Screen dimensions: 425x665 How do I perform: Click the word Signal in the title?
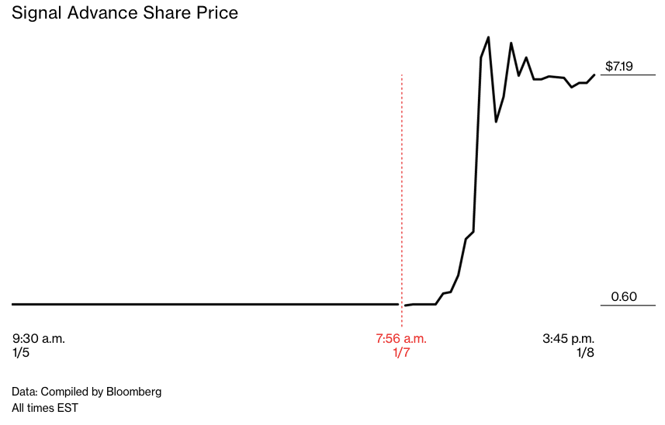pyautogui.click(x=36, y=14)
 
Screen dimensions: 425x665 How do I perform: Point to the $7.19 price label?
pyautogui.click(x=619, y=67)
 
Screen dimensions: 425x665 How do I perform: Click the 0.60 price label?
pyautogui.click(x=624, y=296)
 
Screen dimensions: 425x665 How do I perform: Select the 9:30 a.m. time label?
pyautogui.click(x=39, y=339)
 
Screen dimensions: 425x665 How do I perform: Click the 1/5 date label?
pyautogui.click(x=21, y=353)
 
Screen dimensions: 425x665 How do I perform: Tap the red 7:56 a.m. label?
pyautogui.click(x=401, y=339)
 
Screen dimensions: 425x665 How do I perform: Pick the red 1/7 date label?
pyautogui.click(x=401, y=353)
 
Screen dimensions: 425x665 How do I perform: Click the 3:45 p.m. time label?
pyautogui.click(x=568, y=339)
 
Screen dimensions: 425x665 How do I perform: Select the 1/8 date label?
pyautogui.click(x=585, y=353)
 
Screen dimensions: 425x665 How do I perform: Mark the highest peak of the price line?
pyautogui.click(x=488, y=37)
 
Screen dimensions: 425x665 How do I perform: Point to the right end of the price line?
pyautogui.click(x=594, y=75)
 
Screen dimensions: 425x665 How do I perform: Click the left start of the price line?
pyautogui.click(x=13, y=304)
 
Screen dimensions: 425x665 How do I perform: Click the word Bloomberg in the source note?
pyautogui.click(x=134, y=392)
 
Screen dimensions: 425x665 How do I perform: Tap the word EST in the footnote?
pyautogui.click(x=68, y=407)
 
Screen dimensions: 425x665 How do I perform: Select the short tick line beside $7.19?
pyautogui.click(x=629, y=75)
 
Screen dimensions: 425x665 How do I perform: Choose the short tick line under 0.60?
pyautogui.click(x=629, y=305)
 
